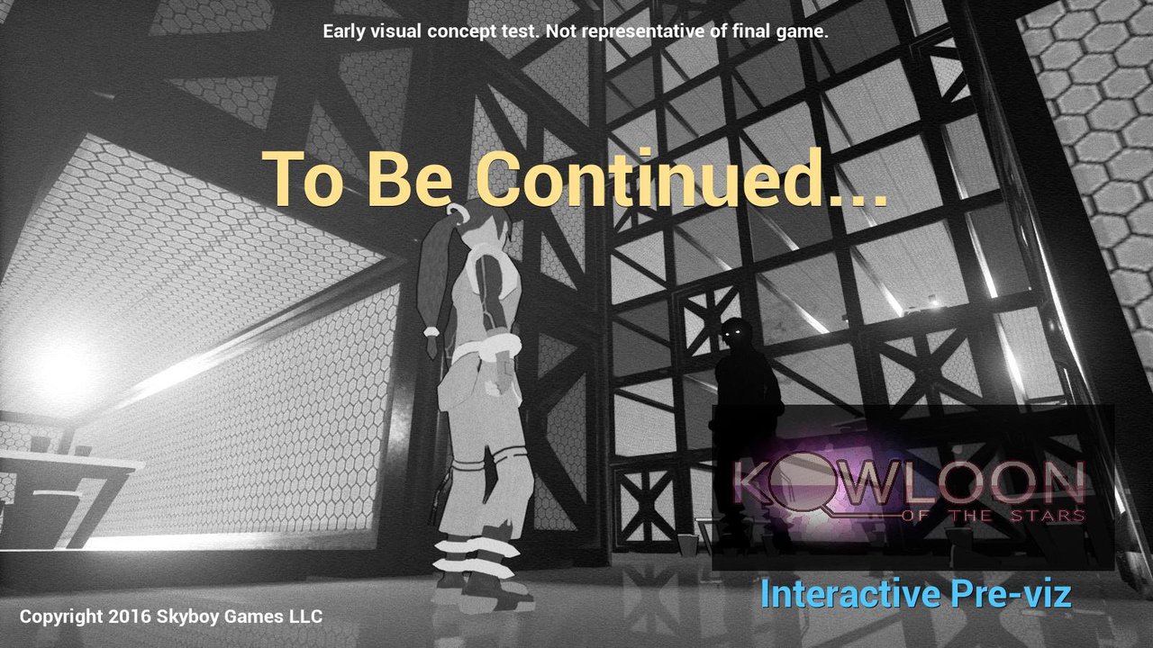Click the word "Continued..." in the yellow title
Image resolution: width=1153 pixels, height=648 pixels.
pyautogui.click(x=680, y=177)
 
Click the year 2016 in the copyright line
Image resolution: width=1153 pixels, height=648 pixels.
pyautogui.click(x=130, y=616)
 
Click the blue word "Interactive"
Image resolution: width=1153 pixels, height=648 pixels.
pyautogui.click(x=850, y=593)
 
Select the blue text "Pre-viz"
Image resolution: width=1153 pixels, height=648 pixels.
pyautogui.click(x=1011, y=593)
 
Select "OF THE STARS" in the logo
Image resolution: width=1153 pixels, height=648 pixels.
pyautogui.click(x=994, y=516)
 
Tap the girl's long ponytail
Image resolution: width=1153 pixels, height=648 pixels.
pyautogui.click(x=435, y=278)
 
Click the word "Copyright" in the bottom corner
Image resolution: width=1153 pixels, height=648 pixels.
pyautogui.click(x=61, y=617)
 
